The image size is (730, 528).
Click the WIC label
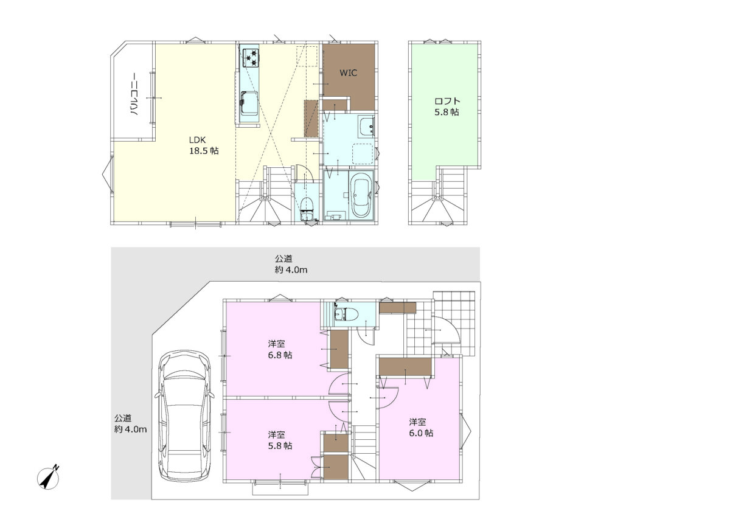click(349, 72)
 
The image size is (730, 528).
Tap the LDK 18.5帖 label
click(204, 145)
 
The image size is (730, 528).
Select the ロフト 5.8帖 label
click(447, 106)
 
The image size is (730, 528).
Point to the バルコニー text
click(135, 94)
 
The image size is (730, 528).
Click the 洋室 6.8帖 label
click(280, 349)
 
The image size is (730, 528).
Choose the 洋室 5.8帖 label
click(280, 440)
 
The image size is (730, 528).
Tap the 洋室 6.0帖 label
click(421, 428)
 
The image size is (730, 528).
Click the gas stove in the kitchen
click(251, 58)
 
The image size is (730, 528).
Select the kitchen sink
click(249, 103)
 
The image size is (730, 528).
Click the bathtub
click(361, 195)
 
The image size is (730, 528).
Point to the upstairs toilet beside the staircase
click(307, 210)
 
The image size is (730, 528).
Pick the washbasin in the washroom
click(367, 127)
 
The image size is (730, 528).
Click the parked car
click(185, 416)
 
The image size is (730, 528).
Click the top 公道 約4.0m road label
click(291, 265)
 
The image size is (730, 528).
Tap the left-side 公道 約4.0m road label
click(130, 424)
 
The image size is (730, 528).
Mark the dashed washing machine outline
click(363, 153)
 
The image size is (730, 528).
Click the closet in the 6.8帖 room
click(339, 349)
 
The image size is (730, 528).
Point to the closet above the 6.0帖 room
click(405, 367)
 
